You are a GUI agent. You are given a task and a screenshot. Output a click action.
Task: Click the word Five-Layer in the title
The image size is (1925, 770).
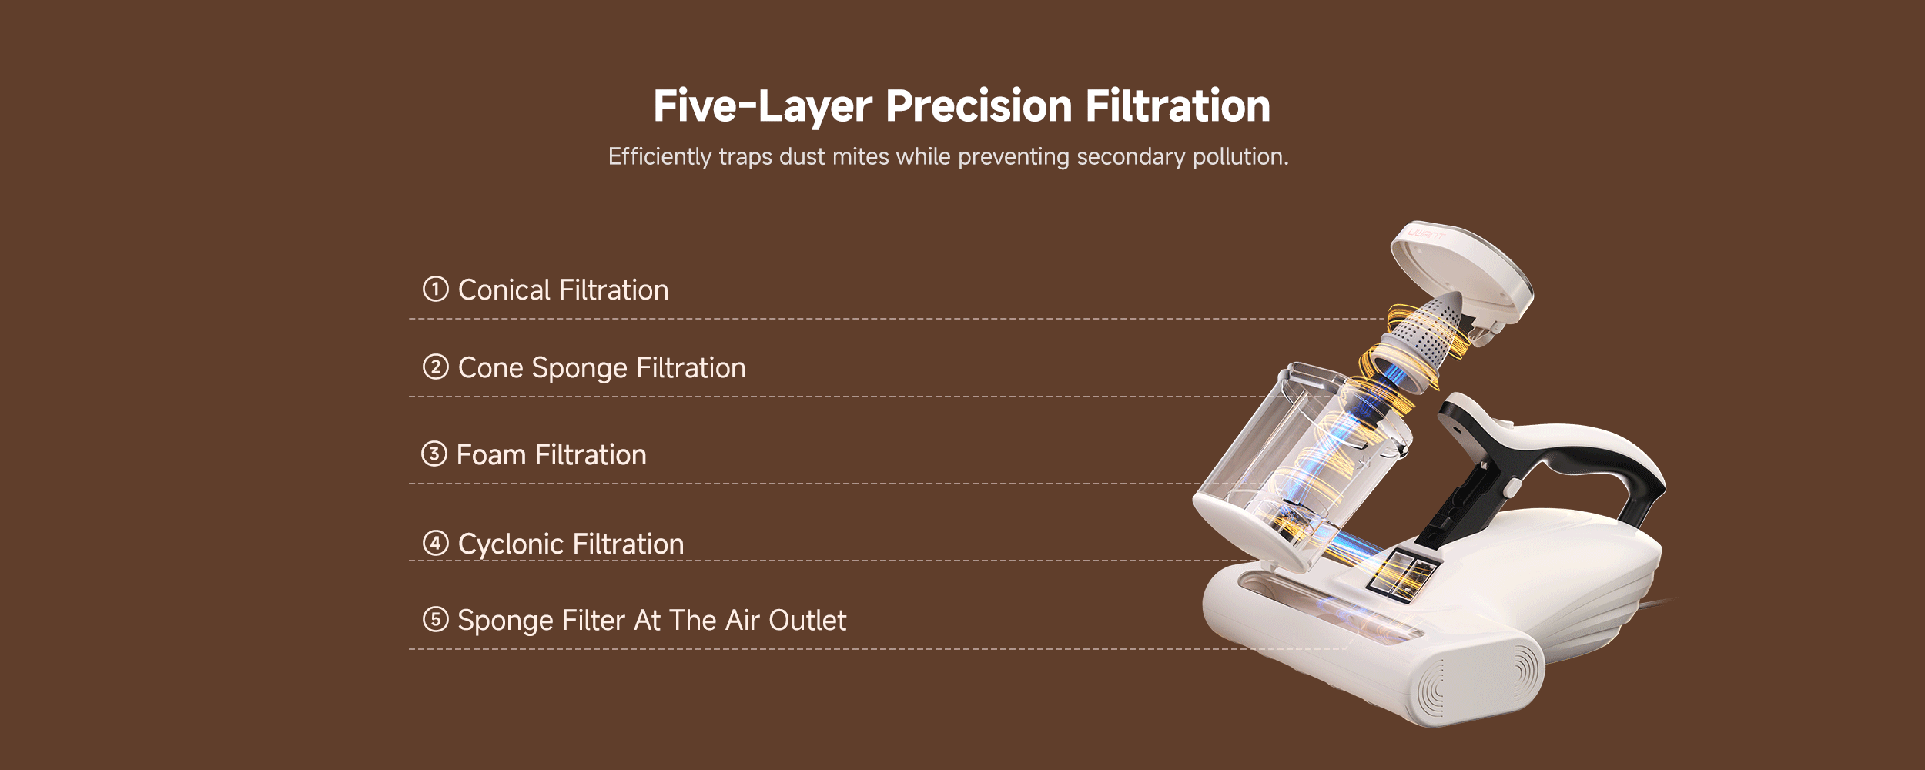tap(762, 106)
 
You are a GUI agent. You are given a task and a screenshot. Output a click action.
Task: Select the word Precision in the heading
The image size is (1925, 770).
tap(979, 105)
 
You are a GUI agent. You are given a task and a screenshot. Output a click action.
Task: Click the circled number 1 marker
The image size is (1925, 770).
tap(435, 289)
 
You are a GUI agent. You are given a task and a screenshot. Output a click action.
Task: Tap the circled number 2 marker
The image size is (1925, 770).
tap(435, 367)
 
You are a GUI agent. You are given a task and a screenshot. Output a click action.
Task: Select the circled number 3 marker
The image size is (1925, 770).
tap(434, 454)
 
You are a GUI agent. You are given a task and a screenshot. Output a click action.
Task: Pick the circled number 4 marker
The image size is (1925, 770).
tap(435, 543)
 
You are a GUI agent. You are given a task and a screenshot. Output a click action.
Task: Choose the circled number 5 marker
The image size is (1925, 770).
tap(435, 619)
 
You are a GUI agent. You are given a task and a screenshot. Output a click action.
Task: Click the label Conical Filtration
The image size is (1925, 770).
tap(563, 290)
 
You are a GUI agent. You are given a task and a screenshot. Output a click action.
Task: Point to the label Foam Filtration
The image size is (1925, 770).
tap(551, 455)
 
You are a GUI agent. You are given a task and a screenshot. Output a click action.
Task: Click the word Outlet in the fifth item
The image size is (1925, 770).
tap(807, 621)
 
